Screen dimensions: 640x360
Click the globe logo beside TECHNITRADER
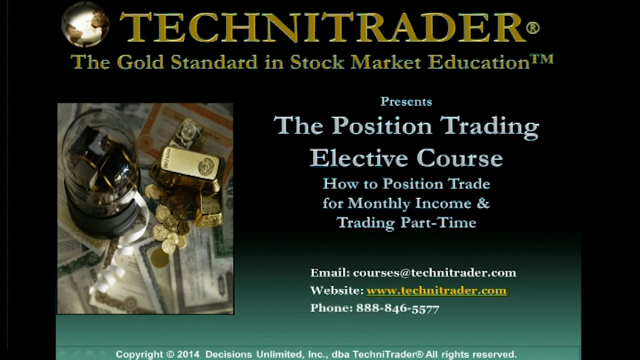coord(85,24)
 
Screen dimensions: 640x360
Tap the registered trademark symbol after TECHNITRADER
coord(533,28)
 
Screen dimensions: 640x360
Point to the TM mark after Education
coord(542,59)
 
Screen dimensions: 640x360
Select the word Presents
coord(406,102)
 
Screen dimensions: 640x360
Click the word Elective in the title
coord(359,158)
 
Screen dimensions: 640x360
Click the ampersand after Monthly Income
coord(483,203)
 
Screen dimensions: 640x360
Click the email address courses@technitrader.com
coord(434,273)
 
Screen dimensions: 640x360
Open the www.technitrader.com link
coord(437,290)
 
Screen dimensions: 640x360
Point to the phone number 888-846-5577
coord(398,308)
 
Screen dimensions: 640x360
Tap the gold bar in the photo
coord(188,166)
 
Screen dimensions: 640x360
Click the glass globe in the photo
coord(99,163)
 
